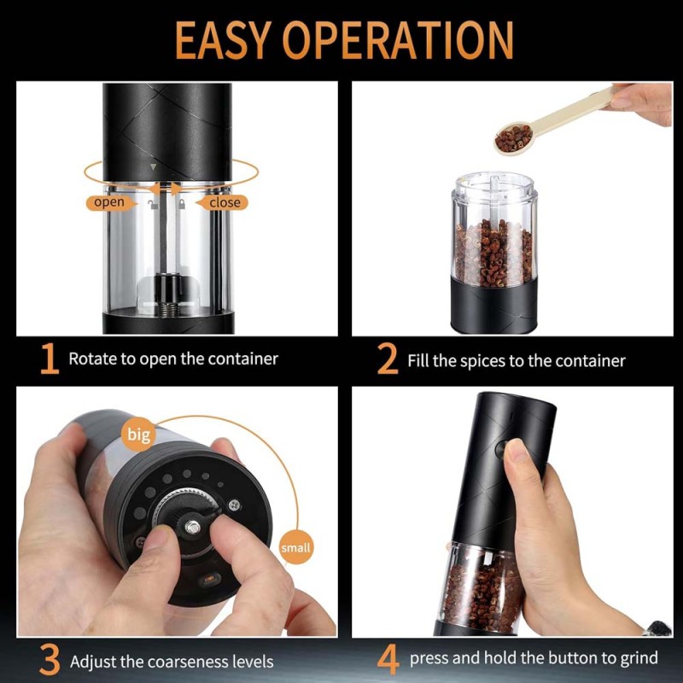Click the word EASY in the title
point(224,40)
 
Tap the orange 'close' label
point(223,202)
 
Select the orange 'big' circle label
point(138,435)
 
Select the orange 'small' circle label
point(295,547)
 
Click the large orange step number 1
point(50,359)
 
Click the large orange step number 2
point(388,359)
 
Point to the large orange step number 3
point(50,660)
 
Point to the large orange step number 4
point(388,660)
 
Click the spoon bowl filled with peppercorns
point(514,137)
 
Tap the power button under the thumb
point(501,450)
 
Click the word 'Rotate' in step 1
point(93,359)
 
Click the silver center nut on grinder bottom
point(192,527)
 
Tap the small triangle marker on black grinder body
point(153,166)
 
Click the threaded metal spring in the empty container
point(168,309)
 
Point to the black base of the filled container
point(493,306)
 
